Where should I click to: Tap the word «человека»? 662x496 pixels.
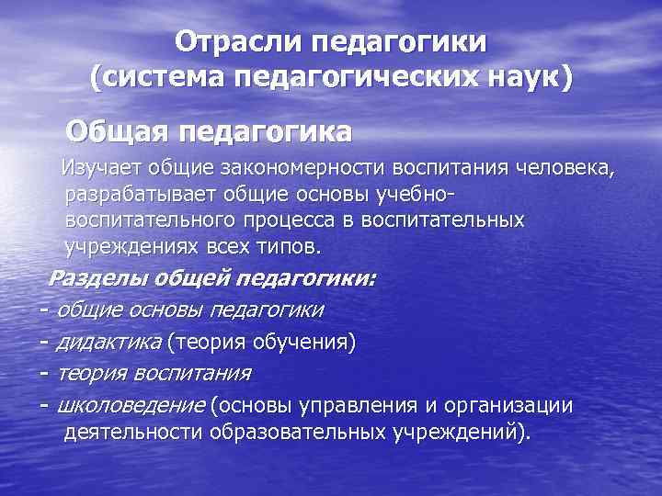click(558, 168)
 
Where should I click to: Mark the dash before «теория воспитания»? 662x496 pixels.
click(44, 374)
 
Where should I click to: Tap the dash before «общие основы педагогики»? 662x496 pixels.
click(44, 310)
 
